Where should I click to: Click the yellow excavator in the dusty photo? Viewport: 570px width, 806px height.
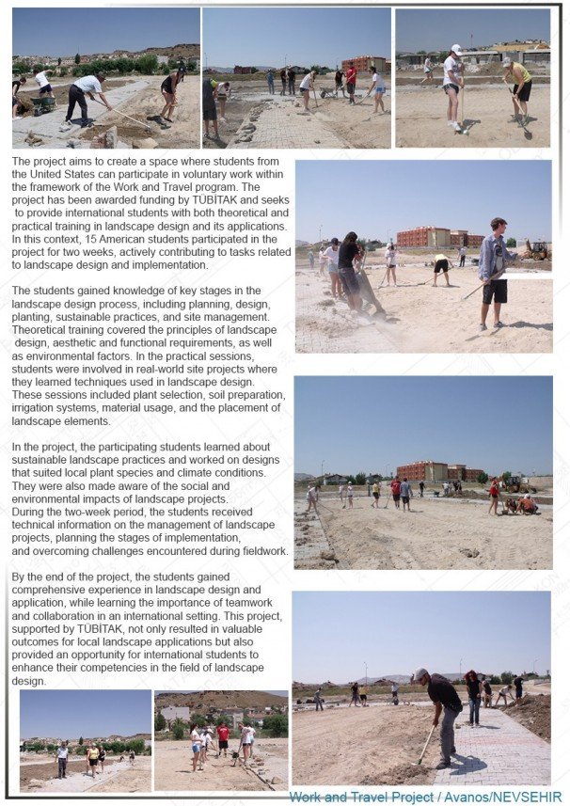536,250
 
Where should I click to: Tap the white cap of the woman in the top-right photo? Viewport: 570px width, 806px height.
456,49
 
